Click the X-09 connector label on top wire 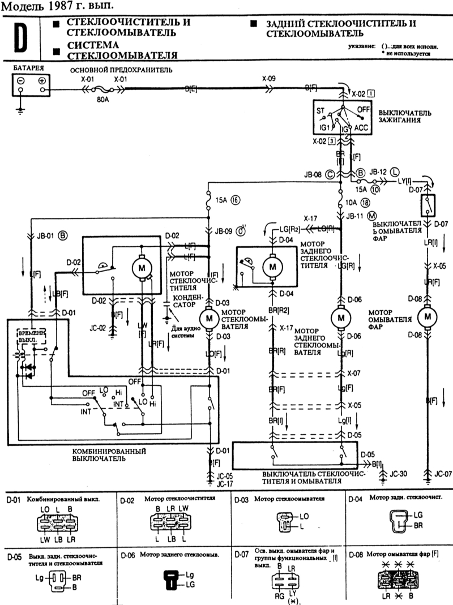click(269, 79)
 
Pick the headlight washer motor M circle click(428, 316)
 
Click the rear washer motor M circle click(340, 317)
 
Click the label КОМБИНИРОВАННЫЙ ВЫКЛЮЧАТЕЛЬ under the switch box click(109, 454)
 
